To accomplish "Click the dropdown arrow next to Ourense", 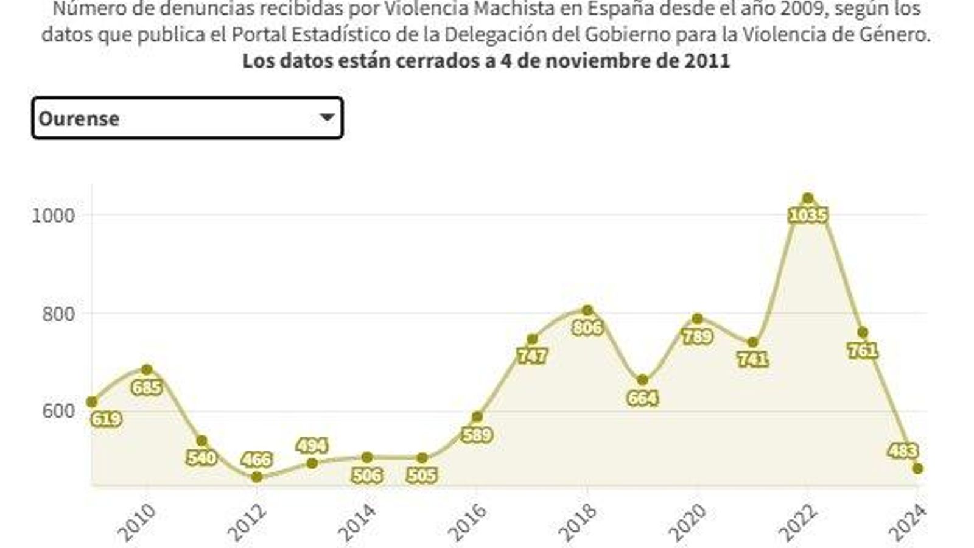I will (x=327, y=117).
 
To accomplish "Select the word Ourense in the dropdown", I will (x=79, y=118).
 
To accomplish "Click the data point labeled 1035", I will (x=808, y=198).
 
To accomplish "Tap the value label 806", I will (x=587, y=328).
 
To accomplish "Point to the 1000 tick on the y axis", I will (x=53, y=215).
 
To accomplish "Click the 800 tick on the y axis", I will (x=57, y=314).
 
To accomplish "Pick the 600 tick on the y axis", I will (x=57, y=412).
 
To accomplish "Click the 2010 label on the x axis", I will (x=136, y=523).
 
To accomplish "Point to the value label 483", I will (x=903, y=451).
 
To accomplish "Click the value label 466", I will (x=256, y=460).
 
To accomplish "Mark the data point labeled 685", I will (x=147, y=370).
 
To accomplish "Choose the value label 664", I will (x=643, y=398).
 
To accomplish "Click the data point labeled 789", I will (x=698, y=318).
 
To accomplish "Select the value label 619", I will (x=106, y=419).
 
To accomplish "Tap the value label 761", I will (x=863, y=351).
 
